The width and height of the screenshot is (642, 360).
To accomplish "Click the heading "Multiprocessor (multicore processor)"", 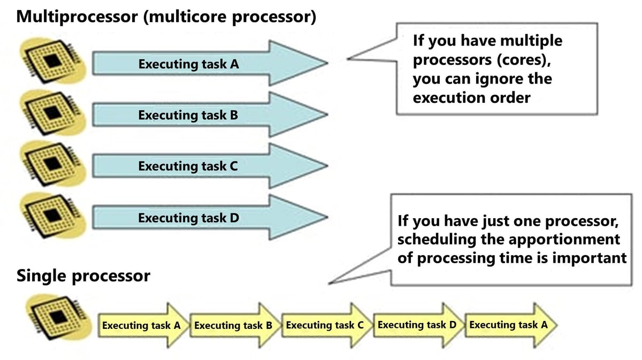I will click(x=166, y=16).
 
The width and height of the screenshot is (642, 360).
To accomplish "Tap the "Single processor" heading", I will click(x=83, y=276).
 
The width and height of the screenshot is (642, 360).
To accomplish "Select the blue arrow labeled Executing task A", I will click(x=209, y=64).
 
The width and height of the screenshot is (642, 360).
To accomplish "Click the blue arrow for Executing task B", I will click(x=209, y=115).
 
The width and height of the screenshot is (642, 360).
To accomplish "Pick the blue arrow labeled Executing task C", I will click(x=209, y=166).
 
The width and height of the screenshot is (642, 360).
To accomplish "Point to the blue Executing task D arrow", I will click(x=209, y=218).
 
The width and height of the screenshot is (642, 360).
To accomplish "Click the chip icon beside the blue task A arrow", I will click(x=52, y=60).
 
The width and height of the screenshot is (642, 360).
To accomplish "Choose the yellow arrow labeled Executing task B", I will click(x=233, y=325).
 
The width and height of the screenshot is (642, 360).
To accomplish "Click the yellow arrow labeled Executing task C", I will click(x=325, y=325).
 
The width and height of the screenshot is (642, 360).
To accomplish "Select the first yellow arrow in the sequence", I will click(x=141, y=325).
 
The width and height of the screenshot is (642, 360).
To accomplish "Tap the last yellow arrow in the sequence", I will click(x=509, y=325).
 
